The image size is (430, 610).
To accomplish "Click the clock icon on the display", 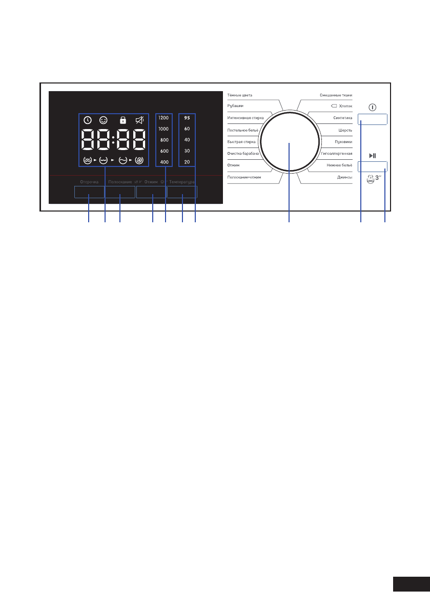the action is (88, 120).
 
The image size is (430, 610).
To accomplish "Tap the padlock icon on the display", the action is (122, 120).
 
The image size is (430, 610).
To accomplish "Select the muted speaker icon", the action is (139, 120).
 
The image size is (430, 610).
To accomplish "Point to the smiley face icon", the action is (105, 120).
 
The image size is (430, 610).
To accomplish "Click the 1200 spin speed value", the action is (163, 117).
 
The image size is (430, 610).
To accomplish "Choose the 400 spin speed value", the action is (163, 162).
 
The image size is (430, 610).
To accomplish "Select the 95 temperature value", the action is (187, 117).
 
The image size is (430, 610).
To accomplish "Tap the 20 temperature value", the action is (187, 162).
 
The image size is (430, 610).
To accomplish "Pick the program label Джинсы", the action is (344, 177).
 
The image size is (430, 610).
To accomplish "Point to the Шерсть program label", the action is (345, 130).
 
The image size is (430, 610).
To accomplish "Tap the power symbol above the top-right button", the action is (372, 109).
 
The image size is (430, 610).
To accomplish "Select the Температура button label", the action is (183, 182).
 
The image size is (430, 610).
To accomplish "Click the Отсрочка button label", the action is (89, 182).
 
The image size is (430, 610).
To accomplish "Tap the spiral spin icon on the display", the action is (139, 160).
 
